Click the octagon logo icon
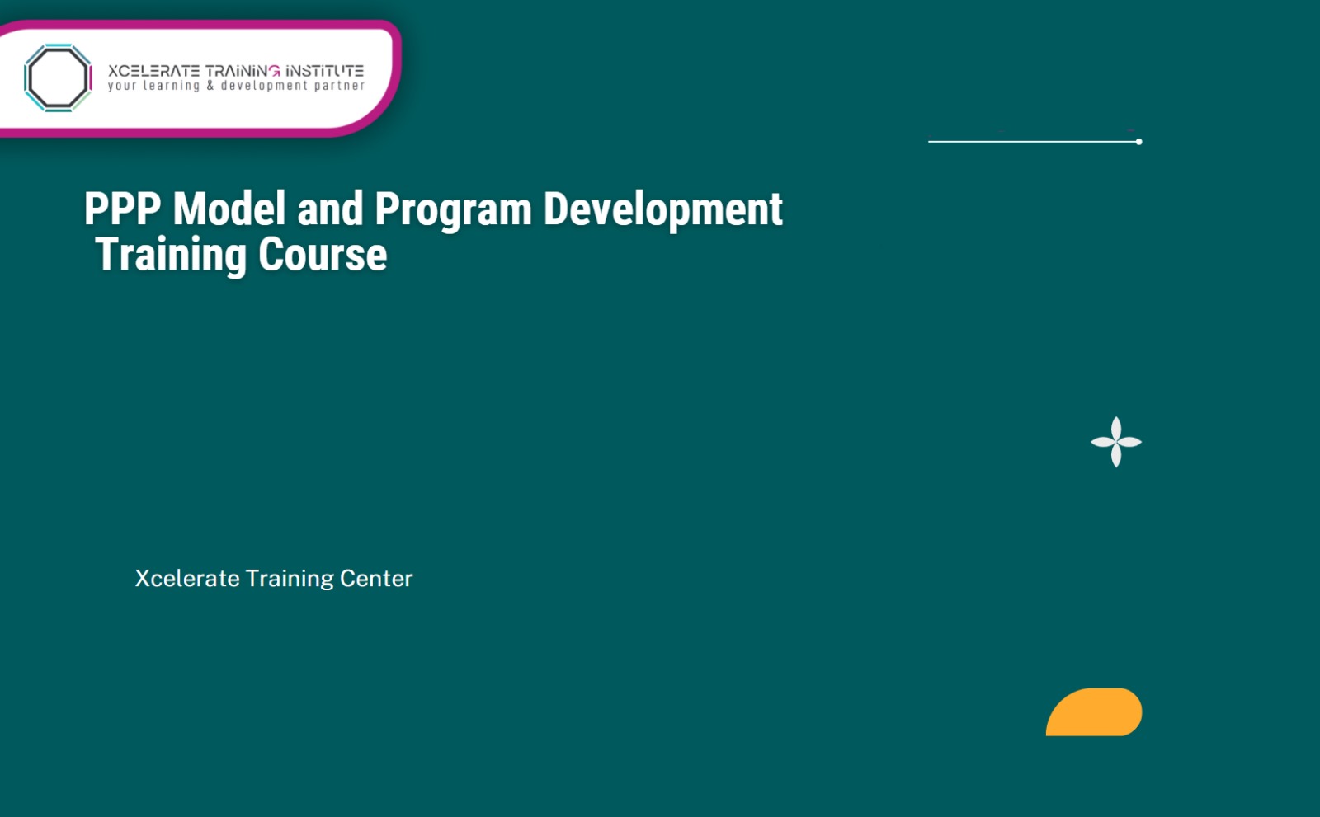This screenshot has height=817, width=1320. pos(58,77)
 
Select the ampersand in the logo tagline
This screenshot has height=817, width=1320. pos(210,86)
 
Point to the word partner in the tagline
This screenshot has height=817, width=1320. pos(339,86)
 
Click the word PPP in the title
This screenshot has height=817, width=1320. pos(122,209)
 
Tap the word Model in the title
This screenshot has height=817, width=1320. pos(229,209)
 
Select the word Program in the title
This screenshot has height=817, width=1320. pos(453,210)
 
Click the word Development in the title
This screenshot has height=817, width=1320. pos(662,210)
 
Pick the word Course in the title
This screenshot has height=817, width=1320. pos(323,255)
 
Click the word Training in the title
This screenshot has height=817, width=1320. pos(171,255)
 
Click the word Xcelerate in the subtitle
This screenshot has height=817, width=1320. pos(187,579)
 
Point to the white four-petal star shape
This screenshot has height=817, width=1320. pos(1116,442)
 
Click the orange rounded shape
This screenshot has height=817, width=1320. pos(1094,712)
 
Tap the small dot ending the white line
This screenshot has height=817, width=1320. pos(1138,142)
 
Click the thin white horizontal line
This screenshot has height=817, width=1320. pos(1031,142)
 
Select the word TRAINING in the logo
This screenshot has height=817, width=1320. pos(243,71)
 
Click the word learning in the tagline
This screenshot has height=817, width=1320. pos(172,86)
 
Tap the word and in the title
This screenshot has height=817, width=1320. pos(330,209)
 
